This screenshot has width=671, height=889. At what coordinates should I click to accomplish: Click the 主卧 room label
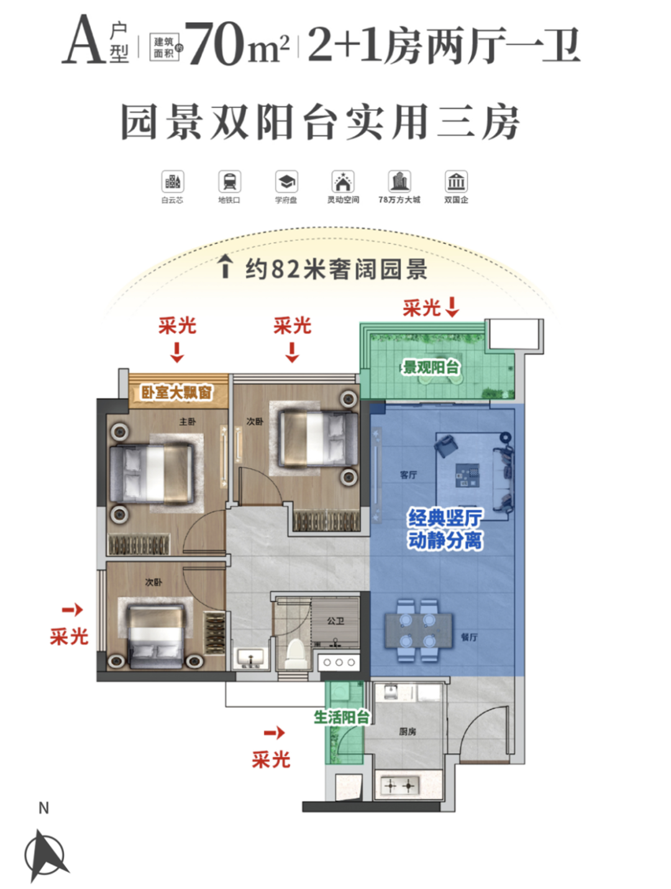tap(187, 422)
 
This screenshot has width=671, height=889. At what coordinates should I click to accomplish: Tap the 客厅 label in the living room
tap(408, 475)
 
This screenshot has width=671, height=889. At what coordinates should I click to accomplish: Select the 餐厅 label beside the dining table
tap(469, 637)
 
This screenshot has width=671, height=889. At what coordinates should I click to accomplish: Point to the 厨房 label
tap(408, 731)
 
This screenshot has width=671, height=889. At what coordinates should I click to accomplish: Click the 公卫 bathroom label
tap(335, 620)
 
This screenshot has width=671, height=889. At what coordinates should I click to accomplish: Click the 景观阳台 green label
tap(431, 367)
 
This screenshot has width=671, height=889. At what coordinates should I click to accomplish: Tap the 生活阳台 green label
tap(341, 718)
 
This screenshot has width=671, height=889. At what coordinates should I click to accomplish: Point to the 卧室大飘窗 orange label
tap(176, 392)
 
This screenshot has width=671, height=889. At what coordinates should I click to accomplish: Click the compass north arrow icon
tap(45, 854)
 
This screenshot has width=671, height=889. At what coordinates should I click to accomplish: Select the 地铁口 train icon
tap(229, 181)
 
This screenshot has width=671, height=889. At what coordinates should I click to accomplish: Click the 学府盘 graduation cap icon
tap(286, 181)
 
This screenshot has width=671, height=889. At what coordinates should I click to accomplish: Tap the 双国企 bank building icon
tap(456, 181)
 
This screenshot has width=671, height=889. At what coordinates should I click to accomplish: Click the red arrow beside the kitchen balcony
tap(274, 733)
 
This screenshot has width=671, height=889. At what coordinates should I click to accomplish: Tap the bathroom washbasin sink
tap(250, 657)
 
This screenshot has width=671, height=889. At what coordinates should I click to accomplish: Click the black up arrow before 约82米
tap(226, 267)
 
